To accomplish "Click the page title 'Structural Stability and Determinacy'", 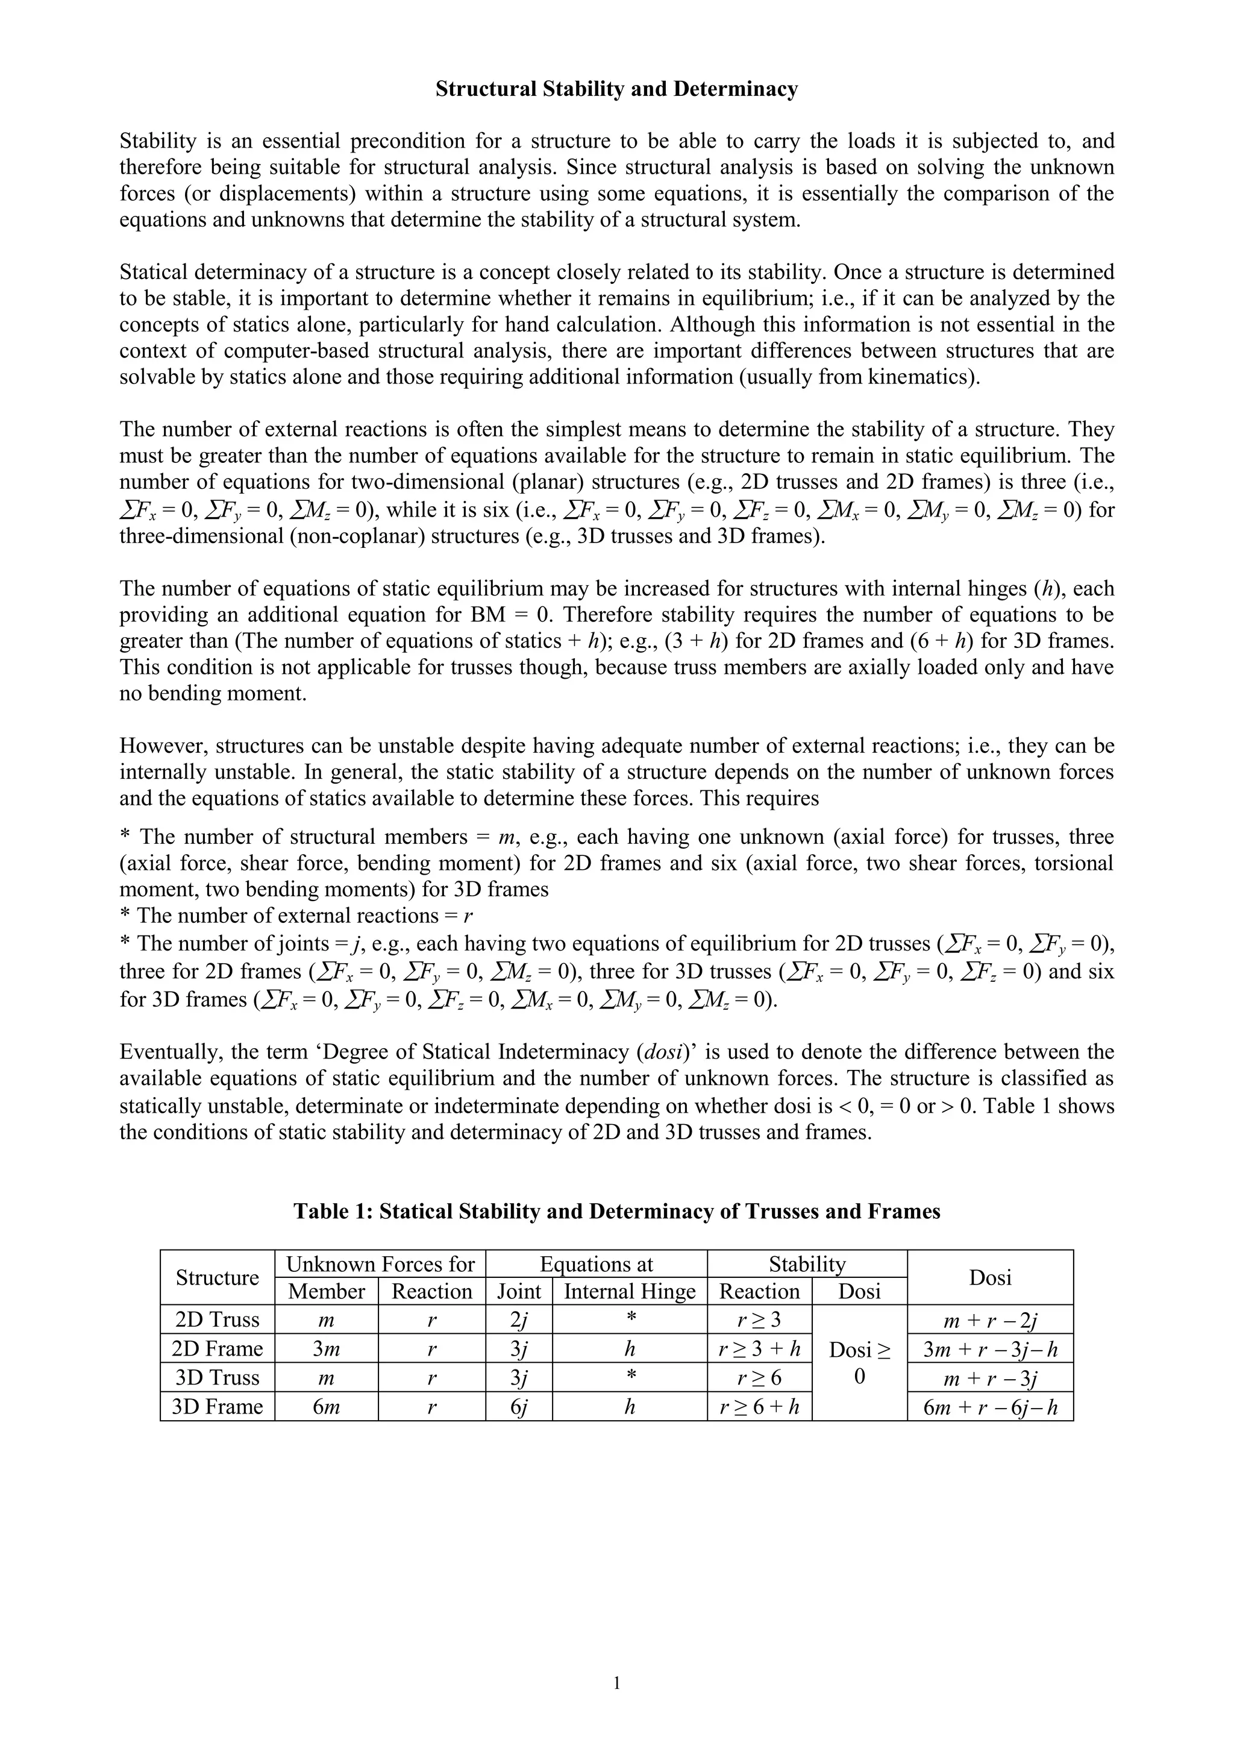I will pyautogui.click(x=616, y=90).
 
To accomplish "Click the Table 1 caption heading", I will pyautogui.click(x=616, y=1211).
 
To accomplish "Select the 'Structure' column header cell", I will pyautogui.click(x=218, y=1278).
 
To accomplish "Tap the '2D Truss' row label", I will pyautogui.click(x=218, y=1319).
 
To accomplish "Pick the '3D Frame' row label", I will pyautogui.click(x=218, y=1407).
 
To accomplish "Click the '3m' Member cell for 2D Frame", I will pyautogui.click(x=326, y=1349).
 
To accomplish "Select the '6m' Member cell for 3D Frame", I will pyautogui.click(x=326, y=1407).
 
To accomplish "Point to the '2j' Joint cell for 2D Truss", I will pyautogui.click(x=518, y=1320).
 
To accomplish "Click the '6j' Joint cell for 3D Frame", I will pyautogui.click(x=518, y=1407).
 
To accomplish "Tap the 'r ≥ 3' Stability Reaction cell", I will pyautogui.click(x=759, y=1320).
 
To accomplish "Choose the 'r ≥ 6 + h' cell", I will pyautogui.click(x=759, y=1407).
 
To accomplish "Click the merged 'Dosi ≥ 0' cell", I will pyautogui.click(x=859, y=1363).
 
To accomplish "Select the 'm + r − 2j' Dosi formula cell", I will pyautogui.click(x=990, y=1320).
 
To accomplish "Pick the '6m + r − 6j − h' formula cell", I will pyautogui.click(x=990, y=1407).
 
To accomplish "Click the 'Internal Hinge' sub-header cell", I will pyautogui.click(x=629, y=1291).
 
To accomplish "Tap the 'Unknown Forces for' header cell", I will pyautogui.click(x=380, y=1264).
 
